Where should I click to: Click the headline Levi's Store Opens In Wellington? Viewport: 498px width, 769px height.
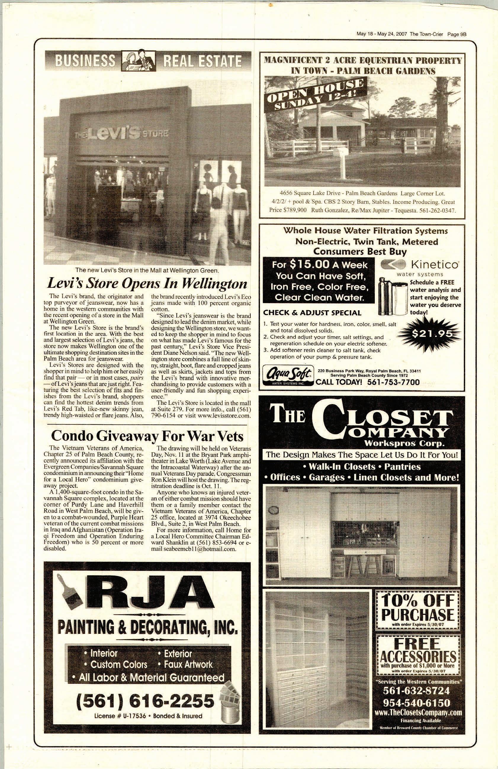pyautogui.click(x=147, y=284)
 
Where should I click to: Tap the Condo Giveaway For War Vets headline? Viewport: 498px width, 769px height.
pyautogui.click(x=147, y=436)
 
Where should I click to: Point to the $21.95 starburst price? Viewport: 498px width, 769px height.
pyautogui.click(x=431, y=334)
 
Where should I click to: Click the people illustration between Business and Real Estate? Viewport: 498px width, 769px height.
pyautogui.click(x=138, y=60)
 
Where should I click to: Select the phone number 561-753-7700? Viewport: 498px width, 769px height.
pyautogui.click(x=393, y=382)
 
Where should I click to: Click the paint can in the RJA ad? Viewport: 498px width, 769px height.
pyautogui.click(x=229, y=710)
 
